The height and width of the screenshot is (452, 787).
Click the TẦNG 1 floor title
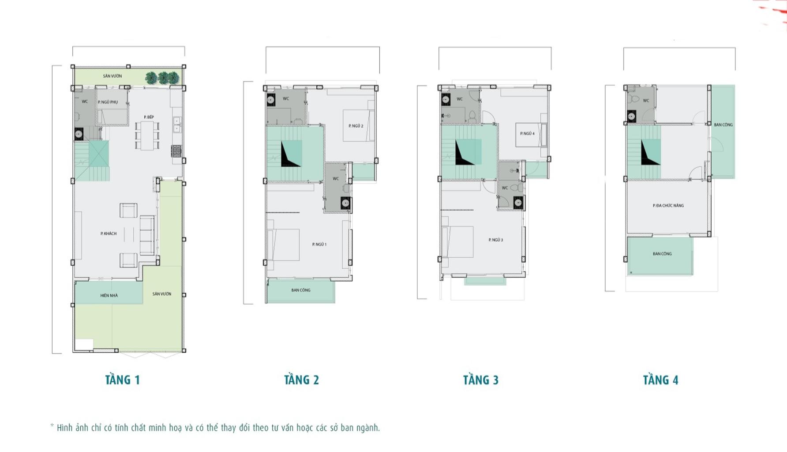[122, 380]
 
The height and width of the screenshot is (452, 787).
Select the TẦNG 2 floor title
[301, 380]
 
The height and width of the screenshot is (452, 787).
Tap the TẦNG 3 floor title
[480, 380]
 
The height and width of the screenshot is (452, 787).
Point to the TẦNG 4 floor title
[660, 380]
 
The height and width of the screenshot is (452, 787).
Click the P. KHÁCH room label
[109, 234]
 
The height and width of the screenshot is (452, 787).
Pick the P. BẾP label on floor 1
[149, 117]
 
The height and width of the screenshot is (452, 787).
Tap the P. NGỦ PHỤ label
[108, 102]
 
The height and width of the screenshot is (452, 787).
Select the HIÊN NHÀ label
[109, 295]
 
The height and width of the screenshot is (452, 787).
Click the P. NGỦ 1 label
[319, 244]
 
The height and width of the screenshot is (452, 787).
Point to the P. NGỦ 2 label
[356, 126]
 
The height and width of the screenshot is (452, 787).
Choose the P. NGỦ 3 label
[496, 240]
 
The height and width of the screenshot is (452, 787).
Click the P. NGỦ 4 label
[527, 133]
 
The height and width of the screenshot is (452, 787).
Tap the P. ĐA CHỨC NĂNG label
[668, 205]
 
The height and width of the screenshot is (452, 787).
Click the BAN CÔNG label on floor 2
[301, 290]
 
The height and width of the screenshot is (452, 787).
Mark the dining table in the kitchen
[147, 135]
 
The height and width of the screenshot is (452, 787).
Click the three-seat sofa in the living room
[147, 235]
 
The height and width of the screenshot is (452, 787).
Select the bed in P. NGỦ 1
[285, 244]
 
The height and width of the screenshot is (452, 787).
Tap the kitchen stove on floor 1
[176, 151]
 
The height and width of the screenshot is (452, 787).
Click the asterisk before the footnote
[52, 426]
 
